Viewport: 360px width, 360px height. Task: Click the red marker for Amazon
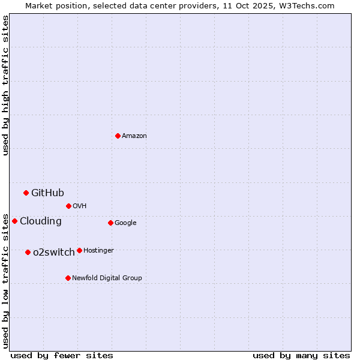tap(118, 136)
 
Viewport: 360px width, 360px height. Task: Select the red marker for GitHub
tap(26, 193)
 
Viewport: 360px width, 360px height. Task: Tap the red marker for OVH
tap(68, 206)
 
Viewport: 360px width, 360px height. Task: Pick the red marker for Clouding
tap(14, 221)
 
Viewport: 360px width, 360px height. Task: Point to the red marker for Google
tap(110, 223)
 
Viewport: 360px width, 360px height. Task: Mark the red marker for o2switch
tap(28, 252)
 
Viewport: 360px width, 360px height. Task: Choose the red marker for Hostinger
tap(79, 250)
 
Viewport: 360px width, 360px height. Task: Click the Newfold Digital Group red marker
tap(68, 278)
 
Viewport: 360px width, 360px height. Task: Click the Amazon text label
tap(134, 136)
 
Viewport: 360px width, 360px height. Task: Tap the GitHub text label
tap(47, 193)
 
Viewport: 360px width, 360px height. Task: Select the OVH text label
tap(80, 206)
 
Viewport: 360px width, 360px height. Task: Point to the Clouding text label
tap(40, 221)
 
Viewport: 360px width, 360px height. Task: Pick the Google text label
tap(125, 223)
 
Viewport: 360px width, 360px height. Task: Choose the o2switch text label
tap(54, 252)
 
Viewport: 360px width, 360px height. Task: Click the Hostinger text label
tap(98, 251)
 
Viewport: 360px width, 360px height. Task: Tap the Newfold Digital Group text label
tap(107, 278)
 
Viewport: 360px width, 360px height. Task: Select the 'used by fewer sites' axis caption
tap(62, 355)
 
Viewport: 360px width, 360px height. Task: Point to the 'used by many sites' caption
tap(301, 355)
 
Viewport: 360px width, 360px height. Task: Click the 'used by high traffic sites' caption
tap(5, 86)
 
